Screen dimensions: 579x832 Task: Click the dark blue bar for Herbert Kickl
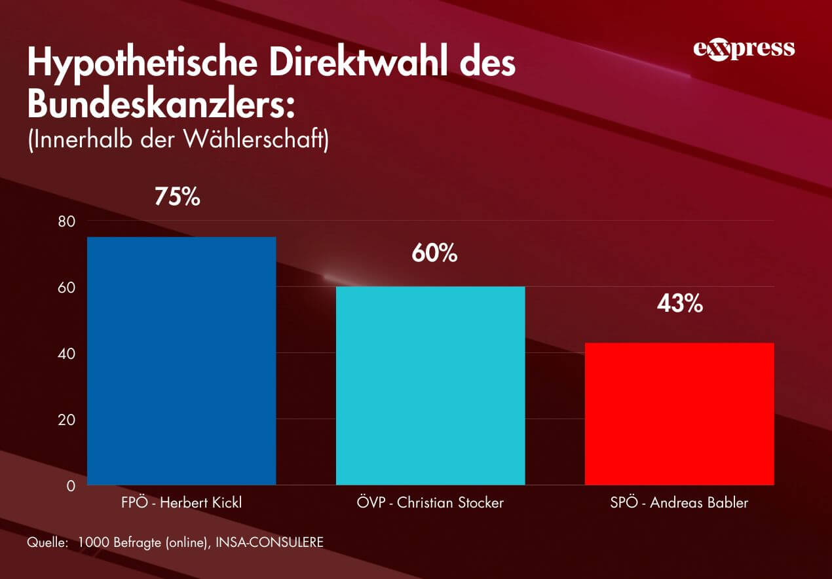click(181, 361)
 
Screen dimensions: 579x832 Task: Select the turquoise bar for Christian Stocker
click(430, 386)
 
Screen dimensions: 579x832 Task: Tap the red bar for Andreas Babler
click(679, 414)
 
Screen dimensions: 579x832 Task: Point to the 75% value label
click(177, 196)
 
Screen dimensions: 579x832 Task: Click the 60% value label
click(434, 253)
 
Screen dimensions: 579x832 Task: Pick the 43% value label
click(680, 304)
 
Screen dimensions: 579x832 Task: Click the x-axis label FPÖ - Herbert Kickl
click(181, 503)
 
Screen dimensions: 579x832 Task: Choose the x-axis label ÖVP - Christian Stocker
click(430, 503)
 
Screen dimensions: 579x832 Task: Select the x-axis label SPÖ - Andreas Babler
click(679, 503)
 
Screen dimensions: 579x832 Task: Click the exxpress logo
click(744, 50)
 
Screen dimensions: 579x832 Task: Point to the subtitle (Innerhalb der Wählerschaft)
click(178, 140)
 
